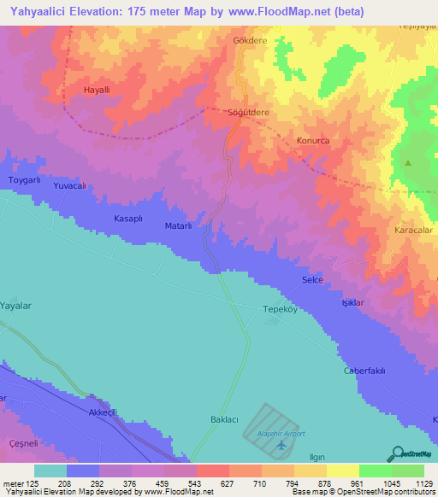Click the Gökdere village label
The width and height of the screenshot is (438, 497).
(251, 40)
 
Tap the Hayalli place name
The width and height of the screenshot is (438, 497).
(98, 90)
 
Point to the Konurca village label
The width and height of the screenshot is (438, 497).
(312, 141)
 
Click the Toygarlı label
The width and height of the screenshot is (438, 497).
(24, 181)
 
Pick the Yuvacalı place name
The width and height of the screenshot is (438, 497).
(71, 185)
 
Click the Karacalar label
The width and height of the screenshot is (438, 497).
(414, 231)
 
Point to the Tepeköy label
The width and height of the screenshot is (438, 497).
(279, 309)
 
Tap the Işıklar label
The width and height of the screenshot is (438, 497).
(353, 303)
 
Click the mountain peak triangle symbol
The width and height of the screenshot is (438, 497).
(408, 162)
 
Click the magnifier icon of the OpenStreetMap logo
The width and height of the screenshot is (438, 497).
(397, 453)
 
